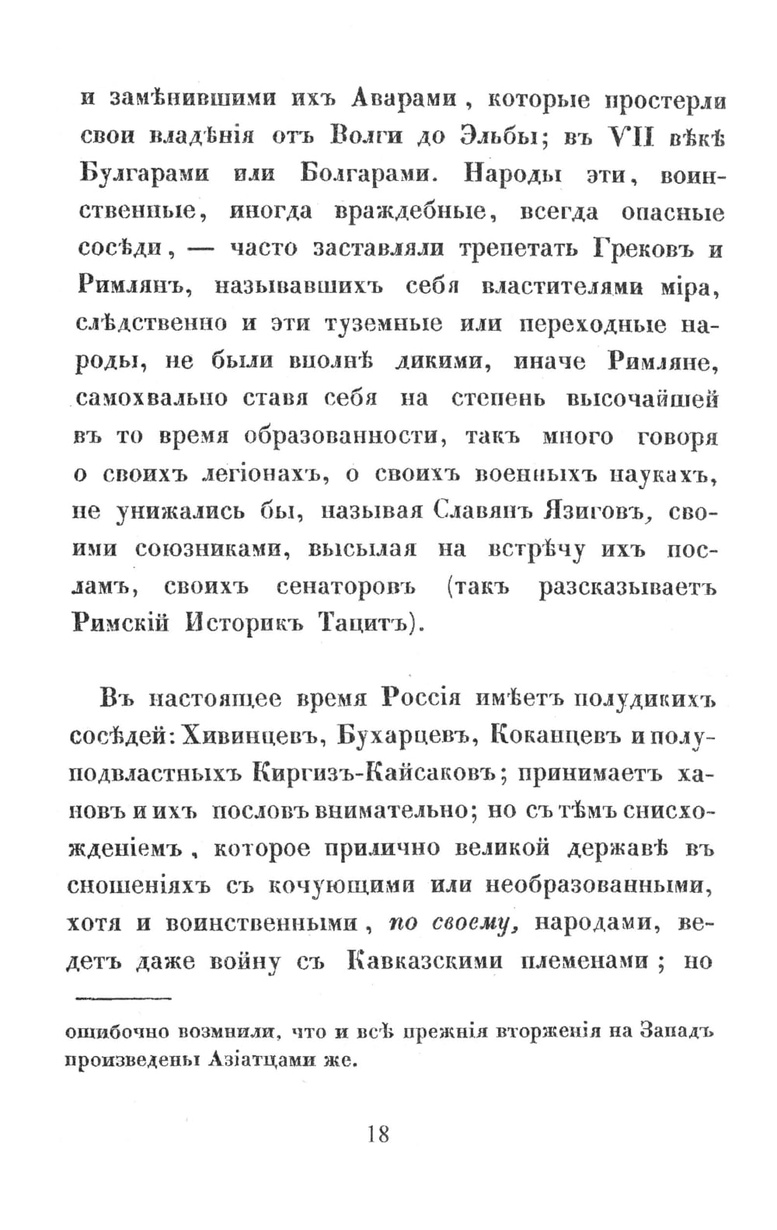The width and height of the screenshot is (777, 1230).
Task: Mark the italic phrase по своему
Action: click(449, 923)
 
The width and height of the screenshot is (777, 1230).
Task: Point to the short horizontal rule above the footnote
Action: click(124, 998)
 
